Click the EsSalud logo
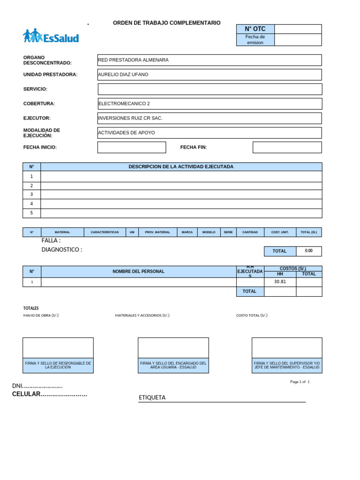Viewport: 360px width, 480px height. point(51,36)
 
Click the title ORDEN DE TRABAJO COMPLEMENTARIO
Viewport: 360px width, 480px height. point(166,23)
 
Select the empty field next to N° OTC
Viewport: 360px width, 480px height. point(298,29)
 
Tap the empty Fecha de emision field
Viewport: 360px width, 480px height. point(298,40)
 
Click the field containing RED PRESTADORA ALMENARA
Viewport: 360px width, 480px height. point(209,60)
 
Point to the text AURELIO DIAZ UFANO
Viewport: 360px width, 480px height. point(123,75)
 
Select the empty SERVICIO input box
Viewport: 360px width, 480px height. point(210,89)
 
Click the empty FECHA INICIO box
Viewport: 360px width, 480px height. point(131,147)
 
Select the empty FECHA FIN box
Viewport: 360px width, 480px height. point(287,147)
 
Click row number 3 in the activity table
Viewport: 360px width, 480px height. point(31,195)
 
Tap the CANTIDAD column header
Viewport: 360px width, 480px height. point(250,232)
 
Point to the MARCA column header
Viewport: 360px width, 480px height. point(187,232)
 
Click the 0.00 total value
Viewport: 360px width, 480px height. point(308,251)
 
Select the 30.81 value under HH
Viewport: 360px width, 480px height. point(280,282)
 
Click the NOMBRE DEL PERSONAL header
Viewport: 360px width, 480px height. point(138,271)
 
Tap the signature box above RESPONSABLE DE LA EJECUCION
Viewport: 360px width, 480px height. point(58,348)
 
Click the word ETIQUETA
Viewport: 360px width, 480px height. point(152,397)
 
